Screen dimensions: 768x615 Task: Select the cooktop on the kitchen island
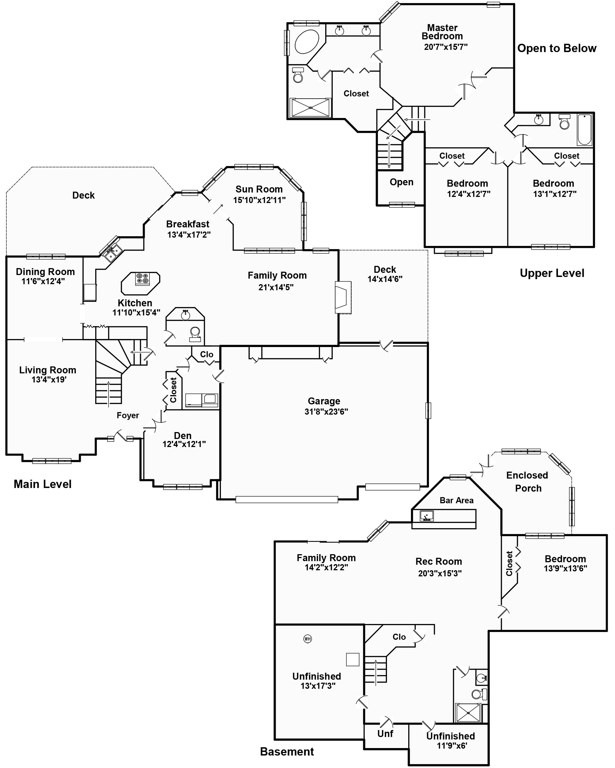[142, 279]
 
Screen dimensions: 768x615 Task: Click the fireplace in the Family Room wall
[342, 297]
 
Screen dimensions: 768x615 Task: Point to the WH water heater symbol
[307, 639]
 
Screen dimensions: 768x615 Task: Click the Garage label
[324, 401]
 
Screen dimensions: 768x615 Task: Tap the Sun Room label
[259, 189]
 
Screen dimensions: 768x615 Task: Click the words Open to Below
[557, 48]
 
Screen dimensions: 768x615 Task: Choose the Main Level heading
[43, 484]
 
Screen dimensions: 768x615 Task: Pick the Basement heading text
[287, 752]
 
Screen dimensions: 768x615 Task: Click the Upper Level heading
[552, 273]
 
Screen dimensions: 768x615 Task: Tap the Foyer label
[128, 415]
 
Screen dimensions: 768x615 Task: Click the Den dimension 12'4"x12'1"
[184, 444]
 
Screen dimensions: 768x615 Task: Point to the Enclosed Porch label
[528, 482]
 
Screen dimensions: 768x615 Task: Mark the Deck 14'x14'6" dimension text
[385, 279]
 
